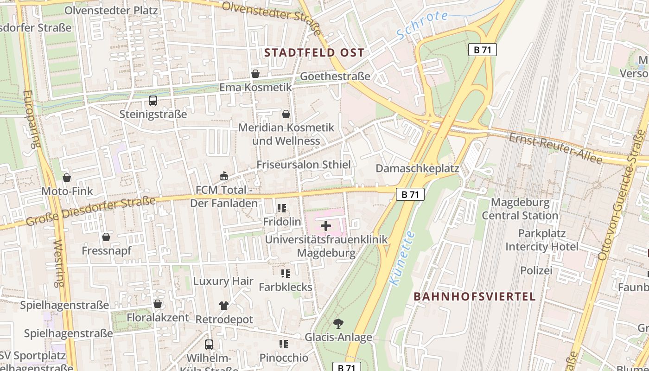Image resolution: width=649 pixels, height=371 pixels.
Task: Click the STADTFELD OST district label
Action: (x=314, y=52)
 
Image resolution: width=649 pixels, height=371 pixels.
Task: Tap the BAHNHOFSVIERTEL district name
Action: (x=474, y=296)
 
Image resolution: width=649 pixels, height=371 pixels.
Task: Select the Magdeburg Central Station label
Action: (x=520, y=209)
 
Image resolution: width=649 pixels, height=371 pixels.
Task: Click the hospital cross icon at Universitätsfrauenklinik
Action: (x=326, y=226)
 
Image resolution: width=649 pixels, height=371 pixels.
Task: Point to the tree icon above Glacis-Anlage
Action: (x=338, y=324)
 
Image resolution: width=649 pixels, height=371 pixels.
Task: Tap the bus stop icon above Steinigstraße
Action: (x=153, y=101)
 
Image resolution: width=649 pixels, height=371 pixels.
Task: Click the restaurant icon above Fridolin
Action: (x=282, y=208)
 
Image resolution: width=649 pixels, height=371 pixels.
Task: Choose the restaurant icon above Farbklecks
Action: (x=285, y=274)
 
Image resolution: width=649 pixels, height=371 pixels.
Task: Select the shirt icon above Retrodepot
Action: (x=224, y=306)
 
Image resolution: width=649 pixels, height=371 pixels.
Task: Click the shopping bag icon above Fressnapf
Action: (x=106, y=237)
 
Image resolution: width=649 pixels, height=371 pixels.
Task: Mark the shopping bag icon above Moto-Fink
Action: (x=67, y=178)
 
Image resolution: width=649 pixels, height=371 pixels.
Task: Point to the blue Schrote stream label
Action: (x=422, y=25)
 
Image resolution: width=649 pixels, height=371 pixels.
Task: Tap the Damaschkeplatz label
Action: (x=417, y=168)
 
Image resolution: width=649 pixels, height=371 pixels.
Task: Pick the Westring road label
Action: (x=59, y=263)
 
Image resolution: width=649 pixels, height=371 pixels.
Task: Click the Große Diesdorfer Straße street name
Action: (x=90, y=211)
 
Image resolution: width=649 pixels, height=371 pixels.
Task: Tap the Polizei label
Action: (x=536, y=270)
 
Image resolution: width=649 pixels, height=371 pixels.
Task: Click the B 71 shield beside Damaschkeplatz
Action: (x=410, y=194)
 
